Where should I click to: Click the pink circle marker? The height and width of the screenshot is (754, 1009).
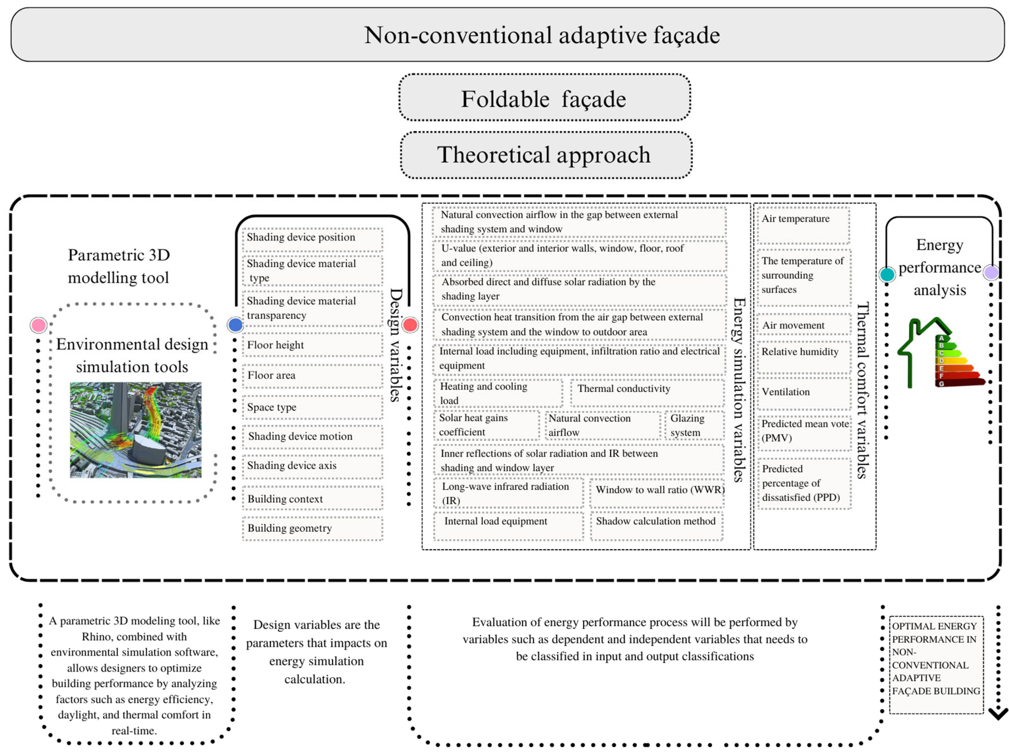point(38,325)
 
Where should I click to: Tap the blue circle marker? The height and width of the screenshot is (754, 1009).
point(235,325)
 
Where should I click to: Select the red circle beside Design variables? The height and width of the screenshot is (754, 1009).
point(410,325)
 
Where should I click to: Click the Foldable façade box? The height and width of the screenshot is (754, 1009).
point(544,98)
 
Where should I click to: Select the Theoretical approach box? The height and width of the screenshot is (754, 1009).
point(546,155)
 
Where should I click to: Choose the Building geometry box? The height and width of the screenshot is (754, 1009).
point(312,528)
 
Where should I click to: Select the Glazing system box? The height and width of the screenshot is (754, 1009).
point(694,425)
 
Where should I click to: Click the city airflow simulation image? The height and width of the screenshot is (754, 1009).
point(136,430)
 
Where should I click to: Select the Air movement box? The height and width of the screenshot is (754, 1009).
point(804,325)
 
